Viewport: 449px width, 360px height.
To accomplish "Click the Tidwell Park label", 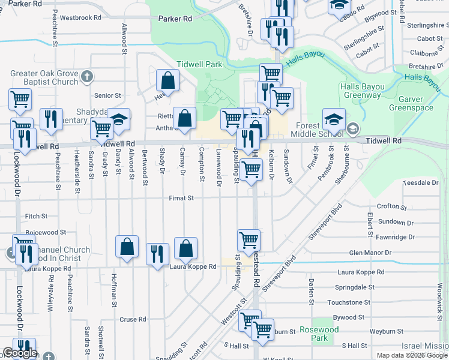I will point(199,64).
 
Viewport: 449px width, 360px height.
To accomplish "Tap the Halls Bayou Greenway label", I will point(361,91).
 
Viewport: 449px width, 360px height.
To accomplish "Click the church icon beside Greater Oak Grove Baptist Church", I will point(87,76).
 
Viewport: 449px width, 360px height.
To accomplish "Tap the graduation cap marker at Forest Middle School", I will point(333,119).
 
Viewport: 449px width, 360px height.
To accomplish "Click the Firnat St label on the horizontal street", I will point(181,198).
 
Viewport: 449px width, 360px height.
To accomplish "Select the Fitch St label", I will point(36,216).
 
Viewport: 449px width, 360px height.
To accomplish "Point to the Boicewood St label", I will point(46,232).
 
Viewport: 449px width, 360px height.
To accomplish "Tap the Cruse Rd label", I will point(133,320).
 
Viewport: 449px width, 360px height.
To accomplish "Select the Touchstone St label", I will point(349,302).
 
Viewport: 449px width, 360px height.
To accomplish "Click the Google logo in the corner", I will point(20,353).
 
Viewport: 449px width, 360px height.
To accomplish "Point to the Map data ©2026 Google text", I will point(412,355).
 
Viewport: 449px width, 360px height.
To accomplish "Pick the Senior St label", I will point(108,95).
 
